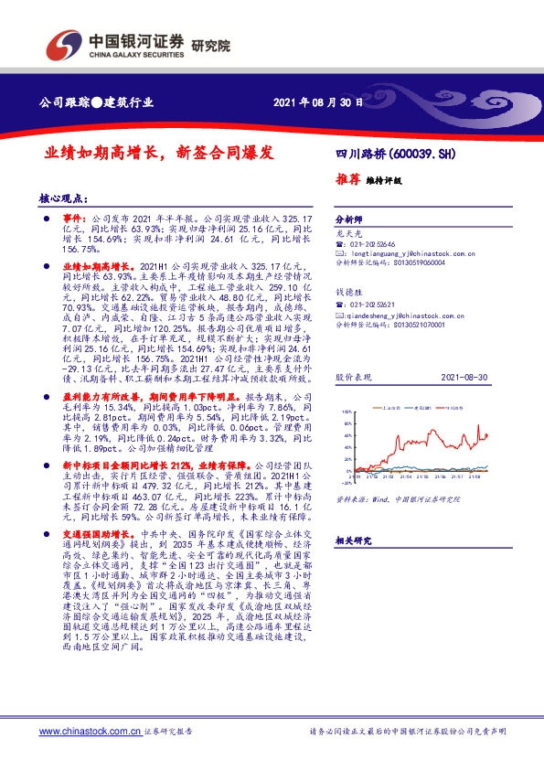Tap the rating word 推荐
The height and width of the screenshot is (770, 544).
[x=348, y=180]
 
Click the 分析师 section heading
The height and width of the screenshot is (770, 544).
[x=349, y=220]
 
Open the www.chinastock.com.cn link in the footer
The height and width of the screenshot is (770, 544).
[x=90, y=732]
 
